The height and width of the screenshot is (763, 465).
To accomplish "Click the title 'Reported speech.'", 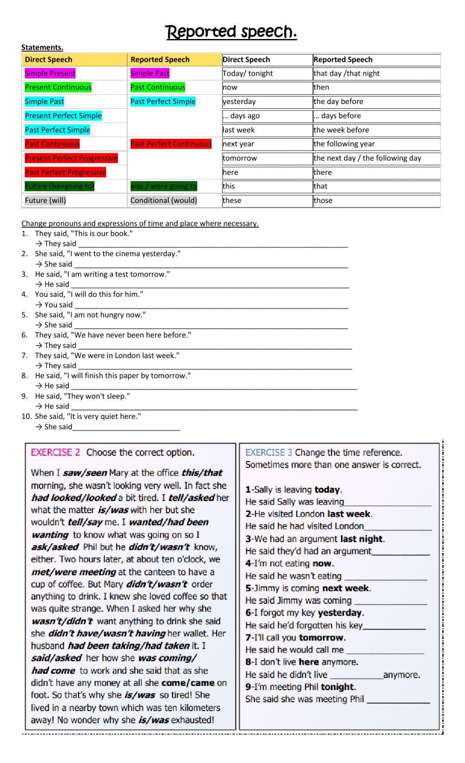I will point(232,32).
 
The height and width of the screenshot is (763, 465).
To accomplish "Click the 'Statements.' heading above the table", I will point(42,47).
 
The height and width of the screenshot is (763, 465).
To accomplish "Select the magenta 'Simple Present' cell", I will point(50,73).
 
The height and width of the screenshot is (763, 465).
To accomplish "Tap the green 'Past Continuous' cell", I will point(158,87).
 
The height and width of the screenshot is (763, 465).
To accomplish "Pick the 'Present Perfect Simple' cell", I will point(63,116).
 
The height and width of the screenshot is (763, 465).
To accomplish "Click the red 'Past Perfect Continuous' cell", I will point(171,144).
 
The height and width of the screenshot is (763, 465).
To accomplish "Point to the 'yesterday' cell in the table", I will point(239,102).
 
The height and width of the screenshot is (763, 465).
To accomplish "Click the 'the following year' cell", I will point(344,144).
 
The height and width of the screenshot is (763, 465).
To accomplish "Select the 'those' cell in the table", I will point(323,201).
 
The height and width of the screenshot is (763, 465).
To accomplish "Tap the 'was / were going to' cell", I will point(164,186).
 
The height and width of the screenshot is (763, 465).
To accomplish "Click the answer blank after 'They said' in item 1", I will point(213,244).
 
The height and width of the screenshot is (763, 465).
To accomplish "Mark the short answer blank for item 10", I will point(126,427).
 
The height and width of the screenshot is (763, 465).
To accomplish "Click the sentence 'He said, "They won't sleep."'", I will point(82,396).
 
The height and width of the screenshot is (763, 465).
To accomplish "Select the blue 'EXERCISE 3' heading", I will point(269,452).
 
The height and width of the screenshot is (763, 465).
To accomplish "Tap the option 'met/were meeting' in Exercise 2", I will point(73,572).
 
